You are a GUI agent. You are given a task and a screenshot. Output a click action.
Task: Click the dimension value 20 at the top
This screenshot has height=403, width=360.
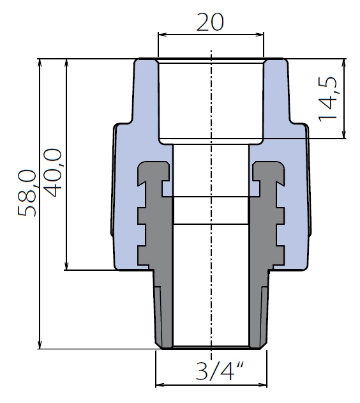[x=210, y=22]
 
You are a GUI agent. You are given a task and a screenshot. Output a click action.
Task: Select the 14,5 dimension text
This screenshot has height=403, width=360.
[x=327, y=99]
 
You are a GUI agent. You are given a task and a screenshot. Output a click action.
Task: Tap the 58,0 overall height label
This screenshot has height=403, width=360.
[x=27, y=193]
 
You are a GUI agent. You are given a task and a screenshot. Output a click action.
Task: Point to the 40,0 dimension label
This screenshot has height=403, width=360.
[x=52, y=172]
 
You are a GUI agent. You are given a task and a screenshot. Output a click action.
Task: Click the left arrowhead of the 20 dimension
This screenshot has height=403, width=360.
[x=161, y=34]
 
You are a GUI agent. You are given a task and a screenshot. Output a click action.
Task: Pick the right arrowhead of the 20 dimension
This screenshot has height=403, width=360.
[x=260, y=34]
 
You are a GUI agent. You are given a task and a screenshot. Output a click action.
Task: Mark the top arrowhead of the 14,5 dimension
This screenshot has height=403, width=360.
[x=343, y=63]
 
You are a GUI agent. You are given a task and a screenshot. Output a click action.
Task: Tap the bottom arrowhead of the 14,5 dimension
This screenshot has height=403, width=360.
[x=343, y=134]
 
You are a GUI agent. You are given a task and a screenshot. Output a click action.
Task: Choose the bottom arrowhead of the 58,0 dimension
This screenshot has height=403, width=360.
[x=40, y=345]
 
